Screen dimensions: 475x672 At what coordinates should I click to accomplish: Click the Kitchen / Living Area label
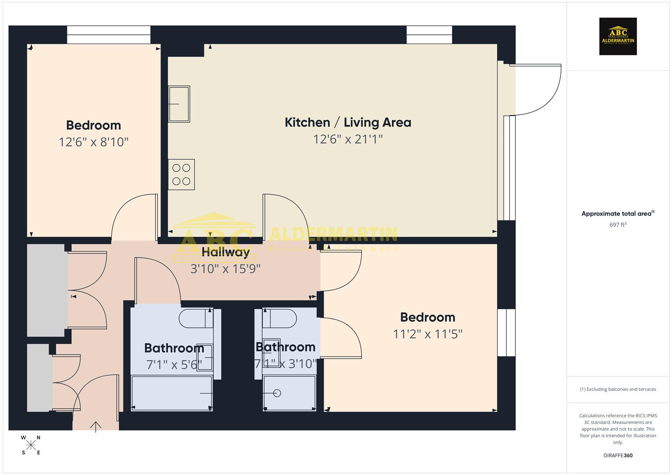pyautogui.click(x=348, y=122)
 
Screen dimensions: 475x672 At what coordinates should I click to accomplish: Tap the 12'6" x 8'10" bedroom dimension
pyautogui.click(x=93, y=142)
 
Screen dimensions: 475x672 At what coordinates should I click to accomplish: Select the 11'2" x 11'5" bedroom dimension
pyautogui.click(x=427, y=334)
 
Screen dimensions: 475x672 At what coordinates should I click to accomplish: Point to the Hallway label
pyautogui.click(x=226, y=252)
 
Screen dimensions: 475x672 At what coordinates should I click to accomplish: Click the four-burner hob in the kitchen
pyautogui.click(x=181, y=175)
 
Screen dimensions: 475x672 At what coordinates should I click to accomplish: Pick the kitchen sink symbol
pyautogui.click(x=179, y=104)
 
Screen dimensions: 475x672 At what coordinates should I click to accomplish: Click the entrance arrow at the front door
pyautogui.click(x=95, y=426)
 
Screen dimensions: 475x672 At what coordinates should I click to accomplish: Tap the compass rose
pyautogui.click(x=31, y=445)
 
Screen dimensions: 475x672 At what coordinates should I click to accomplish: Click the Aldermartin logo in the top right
pyautogui.click(x=618, y=37)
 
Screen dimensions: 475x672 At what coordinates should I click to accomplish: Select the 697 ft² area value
pyautogui.click(x=618, y=225)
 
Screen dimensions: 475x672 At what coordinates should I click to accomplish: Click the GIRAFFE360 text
pyautogui.click(x=618, y=456)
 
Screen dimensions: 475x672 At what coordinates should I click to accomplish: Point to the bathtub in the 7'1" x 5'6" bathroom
pyautogui.click(x=172, y=393)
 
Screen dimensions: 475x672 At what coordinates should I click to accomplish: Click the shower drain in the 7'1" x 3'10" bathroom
pyautogui.click(x=277, y=393)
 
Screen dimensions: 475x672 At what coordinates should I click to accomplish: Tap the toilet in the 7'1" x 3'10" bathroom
pyautogui.click(x=280, y=318)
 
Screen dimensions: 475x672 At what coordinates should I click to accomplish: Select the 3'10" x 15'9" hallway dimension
pyautogui.click(x=225, y=269)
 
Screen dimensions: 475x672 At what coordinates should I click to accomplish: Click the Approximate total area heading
pyautogui.click(x=617, y=214)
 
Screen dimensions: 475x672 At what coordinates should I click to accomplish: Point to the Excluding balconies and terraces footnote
pyautogui.click(x=618, y=389)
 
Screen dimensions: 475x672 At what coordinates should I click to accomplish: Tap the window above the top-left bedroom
pyautogui.click(x=109, y=35)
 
